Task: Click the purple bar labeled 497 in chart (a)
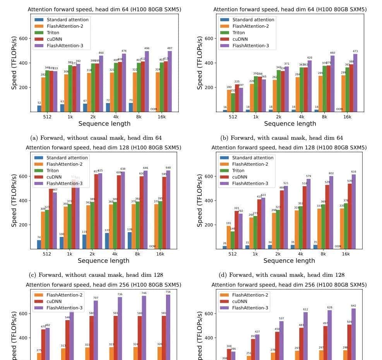(x=170, y=81)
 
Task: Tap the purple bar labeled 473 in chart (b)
(x=355, y=83)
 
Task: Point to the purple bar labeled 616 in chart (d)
(x=354, y=211)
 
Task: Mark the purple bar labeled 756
(x=168, y=327)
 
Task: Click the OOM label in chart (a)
(x=154, y=109)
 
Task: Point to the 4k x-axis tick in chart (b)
(x=301, y=117)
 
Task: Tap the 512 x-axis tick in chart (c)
(x=46, y=254)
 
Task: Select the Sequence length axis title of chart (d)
(x=289, y=261)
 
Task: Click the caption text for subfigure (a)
(x=96, y=138)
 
